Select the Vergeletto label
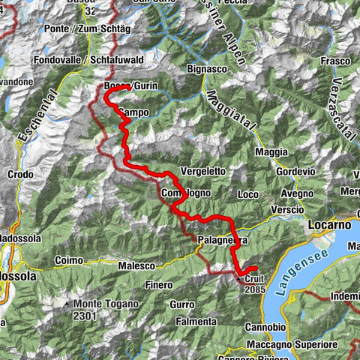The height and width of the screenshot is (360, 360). point(203,171)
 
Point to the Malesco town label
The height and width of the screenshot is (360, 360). point(136,265)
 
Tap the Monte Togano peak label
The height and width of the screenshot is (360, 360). point(105,304)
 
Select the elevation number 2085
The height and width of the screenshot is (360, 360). point(254,289)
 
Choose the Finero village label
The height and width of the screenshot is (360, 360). point(160,285)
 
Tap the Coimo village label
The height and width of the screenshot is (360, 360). point(69,261)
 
